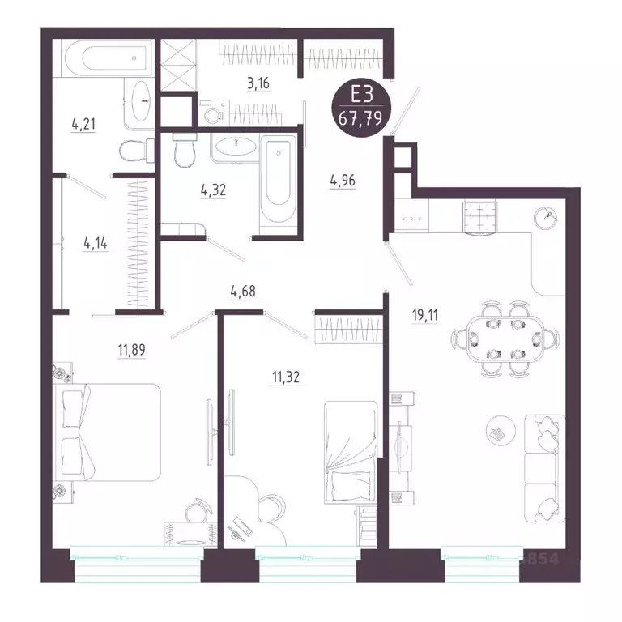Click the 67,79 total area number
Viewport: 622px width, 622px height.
click(360, 118)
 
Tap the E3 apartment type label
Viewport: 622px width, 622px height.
click(362, 96)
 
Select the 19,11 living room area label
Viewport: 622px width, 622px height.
click(425, 315)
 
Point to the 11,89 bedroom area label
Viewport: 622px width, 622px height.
click(131, 350)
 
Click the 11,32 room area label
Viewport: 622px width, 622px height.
click(286, 377)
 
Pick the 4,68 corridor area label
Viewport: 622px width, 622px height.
click(243, 292)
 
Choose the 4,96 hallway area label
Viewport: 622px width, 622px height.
click(343, 181)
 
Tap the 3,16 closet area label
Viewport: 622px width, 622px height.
click(258, 83)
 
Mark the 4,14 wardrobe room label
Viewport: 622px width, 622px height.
click(96, 243)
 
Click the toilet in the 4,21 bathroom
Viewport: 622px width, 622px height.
click(137, 151)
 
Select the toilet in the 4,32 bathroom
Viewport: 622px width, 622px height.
click(185, 151)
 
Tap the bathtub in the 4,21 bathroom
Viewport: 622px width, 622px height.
click(109, 58)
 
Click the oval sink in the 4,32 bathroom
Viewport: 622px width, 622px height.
click(236, 146)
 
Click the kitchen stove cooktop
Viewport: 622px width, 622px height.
click(480, 217)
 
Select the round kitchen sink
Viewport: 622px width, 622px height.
click(545, 217)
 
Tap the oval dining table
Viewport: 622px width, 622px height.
click(505, 339)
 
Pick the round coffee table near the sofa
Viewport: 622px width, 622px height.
click(501, 430)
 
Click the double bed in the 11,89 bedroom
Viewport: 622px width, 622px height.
click(107, 432)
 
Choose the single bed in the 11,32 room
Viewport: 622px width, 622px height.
click(351, 452)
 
